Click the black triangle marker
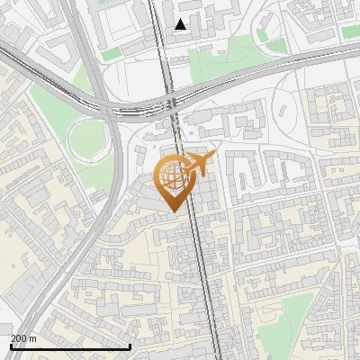pyautogui.click(x=181, y=24)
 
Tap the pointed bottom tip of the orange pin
pyautogui.click(x=172, y=211)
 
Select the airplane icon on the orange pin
pyautogui.click(x=200, y=164)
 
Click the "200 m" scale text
pyautogui.click(x=23, y=338)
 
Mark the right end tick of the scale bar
pyautogui.click(x=130, y=346)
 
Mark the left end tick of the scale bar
pyautogui.click(x=11, y=346)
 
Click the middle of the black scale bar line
pyautogui.click(x=70, y=346)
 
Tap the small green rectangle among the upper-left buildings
pyautogui.click(x=110, y=54)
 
